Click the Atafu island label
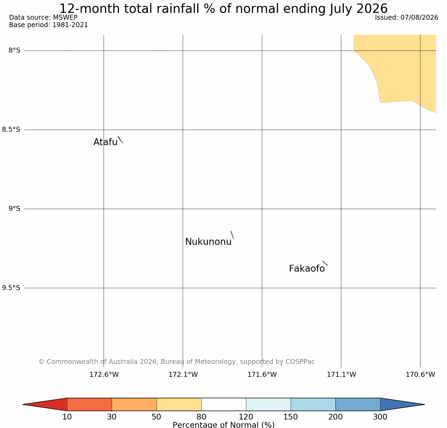click(x=105, y=142)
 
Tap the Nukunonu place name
click(x=208, y=242)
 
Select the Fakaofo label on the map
click(x=307, y=269)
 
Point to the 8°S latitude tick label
click(x=15, y=50)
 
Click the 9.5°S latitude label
click(x=11, y=288)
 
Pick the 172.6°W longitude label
click(x=104, y=374)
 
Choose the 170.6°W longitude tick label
click(x=420, y=374)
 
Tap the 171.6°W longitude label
click(x=262, y=374)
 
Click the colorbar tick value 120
click(x=246, y=417)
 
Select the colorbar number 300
click(x=380, y=417)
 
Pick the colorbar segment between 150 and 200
click(x=313, y=404)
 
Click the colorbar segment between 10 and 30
click(x=90, y=404)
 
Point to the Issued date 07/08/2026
click(x=419, y=18)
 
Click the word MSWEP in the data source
click(x=65, y=18)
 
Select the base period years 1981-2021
click(x=70, y=25)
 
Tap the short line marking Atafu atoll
click(x=120, y=140)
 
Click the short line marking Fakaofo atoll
click(x=325, y=263)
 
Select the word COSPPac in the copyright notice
click(x=300, y=362)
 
